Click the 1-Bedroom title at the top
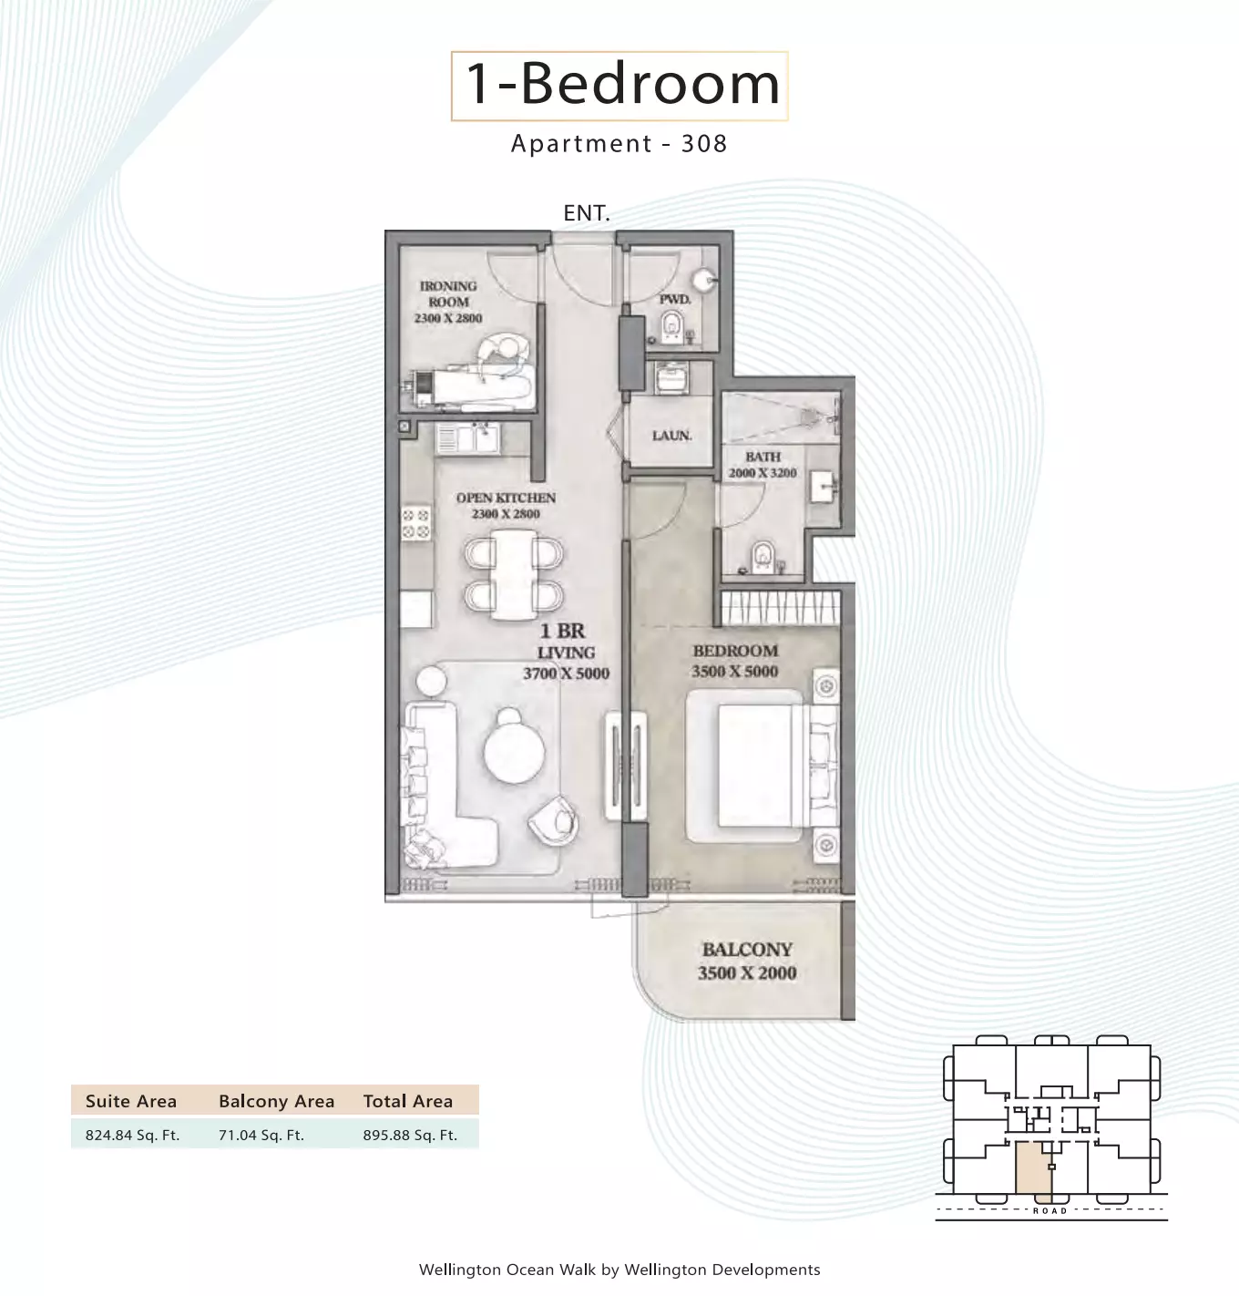[622, 85]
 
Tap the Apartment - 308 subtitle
[619, 143]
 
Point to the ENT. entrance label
[587, 213]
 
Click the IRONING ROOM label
[448, 293]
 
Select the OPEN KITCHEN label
[506, 498]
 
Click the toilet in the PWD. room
[673, 327]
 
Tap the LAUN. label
[671, 436]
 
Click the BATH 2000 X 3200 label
[763, 465]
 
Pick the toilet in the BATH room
[763, 557]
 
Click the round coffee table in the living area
[514, 753]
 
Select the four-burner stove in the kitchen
[415, 523]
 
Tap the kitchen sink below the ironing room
[467, 439]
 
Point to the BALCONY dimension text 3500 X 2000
[747, 973]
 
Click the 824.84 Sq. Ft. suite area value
[132, 1135]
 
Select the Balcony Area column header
[276, 1102]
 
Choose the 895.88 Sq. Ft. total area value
[410, 1135]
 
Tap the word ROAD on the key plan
[1050, 1210]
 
